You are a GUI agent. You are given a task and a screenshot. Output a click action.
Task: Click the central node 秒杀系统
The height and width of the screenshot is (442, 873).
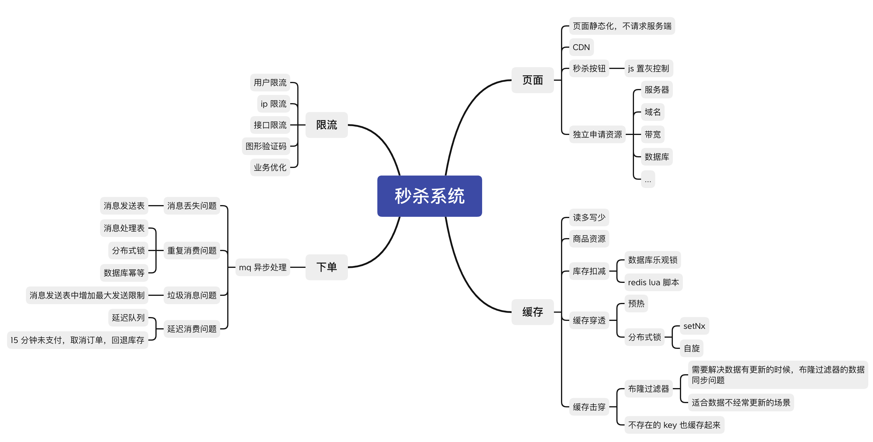click(429, 196)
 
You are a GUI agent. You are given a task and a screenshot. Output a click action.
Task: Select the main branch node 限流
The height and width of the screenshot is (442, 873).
click(326, 125)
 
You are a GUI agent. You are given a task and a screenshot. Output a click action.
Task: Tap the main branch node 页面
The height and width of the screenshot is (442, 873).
click(532, 80)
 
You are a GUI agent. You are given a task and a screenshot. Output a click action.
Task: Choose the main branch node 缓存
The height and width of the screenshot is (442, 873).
click(532, 312)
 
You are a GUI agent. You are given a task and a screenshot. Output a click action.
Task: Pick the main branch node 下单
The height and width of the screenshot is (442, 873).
click(326, 267)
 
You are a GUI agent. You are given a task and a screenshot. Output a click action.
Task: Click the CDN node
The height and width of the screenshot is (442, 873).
click(581, 47)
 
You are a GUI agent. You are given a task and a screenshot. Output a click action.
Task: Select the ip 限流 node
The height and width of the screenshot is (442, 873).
click(273, 104)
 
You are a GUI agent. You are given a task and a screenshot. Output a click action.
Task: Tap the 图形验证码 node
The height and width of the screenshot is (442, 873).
click(266, 146)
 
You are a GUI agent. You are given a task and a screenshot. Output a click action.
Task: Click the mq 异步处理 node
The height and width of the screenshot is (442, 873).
click(262, 267)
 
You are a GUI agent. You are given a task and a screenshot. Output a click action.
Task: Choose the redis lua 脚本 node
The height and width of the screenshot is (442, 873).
click(653, 282)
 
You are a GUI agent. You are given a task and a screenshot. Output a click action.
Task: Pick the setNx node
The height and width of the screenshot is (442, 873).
click(694, 326)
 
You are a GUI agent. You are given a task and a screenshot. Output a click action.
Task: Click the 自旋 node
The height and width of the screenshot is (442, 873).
click(691, 348)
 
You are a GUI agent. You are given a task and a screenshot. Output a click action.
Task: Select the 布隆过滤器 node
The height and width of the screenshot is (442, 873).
click(648, 388)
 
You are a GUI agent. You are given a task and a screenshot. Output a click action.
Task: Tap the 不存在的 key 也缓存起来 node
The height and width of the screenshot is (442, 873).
click(674, 425)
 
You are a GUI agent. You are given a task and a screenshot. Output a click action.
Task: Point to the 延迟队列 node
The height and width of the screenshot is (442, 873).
click(128, 318)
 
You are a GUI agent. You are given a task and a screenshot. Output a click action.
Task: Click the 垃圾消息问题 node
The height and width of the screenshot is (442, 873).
click(192, 295)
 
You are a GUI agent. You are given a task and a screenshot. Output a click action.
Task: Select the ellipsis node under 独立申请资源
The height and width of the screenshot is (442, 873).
click(648, 179)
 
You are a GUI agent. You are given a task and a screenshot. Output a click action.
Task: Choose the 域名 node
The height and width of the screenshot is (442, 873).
click(652, 112)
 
